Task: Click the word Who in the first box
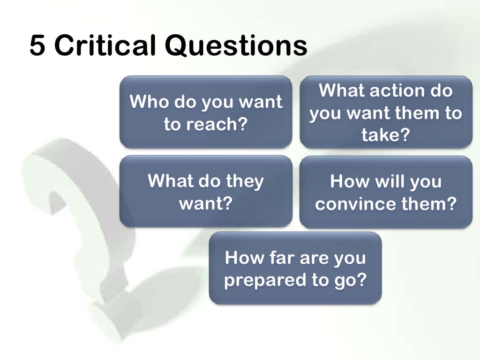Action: [x=149, y=102]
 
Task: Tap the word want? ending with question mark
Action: [x=206, y=204]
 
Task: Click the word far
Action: [x=283, y=257]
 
